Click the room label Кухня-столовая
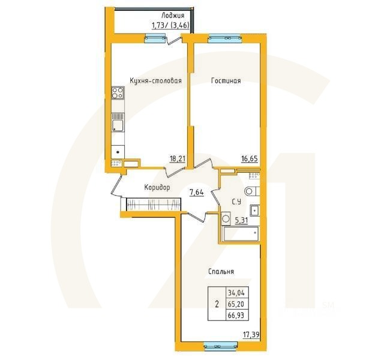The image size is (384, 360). click(155, 80)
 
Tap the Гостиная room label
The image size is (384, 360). click(226, 80)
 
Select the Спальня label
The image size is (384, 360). click(221, 272)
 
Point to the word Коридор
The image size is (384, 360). click(157, 188)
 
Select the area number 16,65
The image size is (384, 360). click(249, 159)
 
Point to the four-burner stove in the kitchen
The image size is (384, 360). click(118, 94)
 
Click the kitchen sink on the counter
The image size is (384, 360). click(118, 125)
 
